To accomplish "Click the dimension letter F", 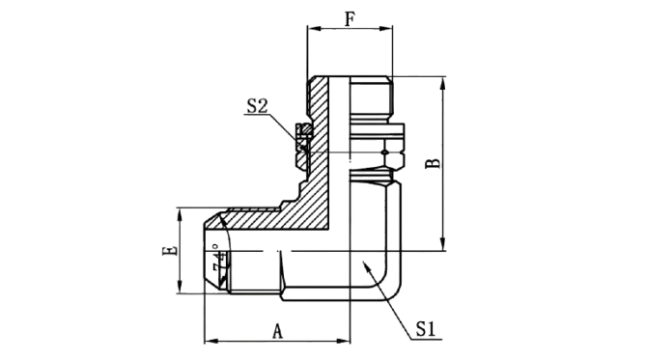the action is (350, 19).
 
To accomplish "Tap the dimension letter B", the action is (433, 163).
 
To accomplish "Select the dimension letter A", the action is (278, 331).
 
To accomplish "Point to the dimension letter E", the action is (170, 250).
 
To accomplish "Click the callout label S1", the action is (426, 329).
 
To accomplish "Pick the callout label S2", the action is (257, 105).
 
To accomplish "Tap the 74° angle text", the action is (220, 260).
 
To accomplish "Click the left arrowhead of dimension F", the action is (314, 28).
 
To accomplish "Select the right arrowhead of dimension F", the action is (386, 28).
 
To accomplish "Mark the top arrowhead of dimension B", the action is (442, 83).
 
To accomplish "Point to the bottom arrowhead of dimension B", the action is (442, 244).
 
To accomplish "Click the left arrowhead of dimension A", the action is (211, 341).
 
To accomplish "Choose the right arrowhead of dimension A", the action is (343, 341).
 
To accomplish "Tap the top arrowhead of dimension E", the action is (180, 215).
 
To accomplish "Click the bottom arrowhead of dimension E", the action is (180, 287).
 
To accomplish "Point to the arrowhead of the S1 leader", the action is (366, 265).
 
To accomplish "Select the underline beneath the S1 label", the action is (426, 340).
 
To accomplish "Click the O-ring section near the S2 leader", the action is (304, 130).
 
